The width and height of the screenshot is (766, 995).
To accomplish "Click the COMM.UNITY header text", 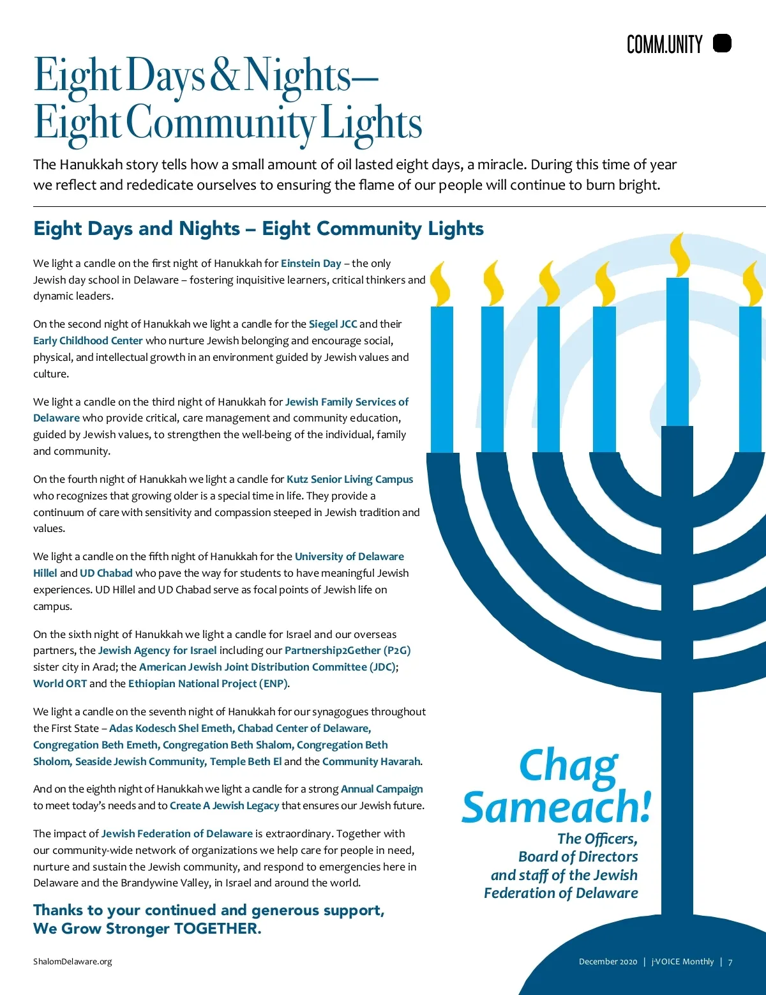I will [x=664, y=45].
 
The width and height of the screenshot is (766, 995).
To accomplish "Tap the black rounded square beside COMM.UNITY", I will [x=722, y=43].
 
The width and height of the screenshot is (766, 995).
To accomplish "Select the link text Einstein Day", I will [x=311, y=263].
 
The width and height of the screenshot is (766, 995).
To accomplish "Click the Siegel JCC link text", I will [x=333, y=324].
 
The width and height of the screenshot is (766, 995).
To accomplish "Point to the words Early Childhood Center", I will [x=88, y=340].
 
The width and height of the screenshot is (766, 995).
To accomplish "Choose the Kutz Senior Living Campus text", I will [x=350, y=479].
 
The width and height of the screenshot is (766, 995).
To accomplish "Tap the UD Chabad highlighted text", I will [x=106, y=573].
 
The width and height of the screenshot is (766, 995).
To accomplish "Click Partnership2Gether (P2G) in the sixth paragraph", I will [x=347, y=650].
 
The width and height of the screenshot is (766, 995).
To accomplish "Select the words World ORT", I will [x=60, y=683].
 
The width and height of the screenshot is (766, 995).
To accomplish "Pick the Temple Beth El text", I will [x=246, y=761].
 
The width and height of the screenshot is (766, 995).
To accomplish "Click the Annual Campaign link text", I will [x=382, y=789].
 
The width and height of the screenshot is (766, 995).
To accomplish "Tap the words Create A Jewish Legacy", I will [x=224, y=805].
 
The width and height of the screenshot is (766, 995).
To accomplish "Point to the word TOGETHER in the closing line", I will [x=217, y=928].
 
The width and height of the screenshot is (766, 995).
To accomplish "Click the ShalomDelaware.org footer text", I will [x=72, y=961].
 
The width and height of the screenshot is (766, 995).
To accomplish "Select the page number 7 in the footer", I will [x=730, y=962].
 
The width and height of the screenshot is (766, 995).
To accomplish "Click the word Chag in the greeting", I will [x=567, y=765].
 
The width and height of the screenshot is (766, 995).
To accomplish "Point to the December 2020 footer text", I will [x=608, y=962].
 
